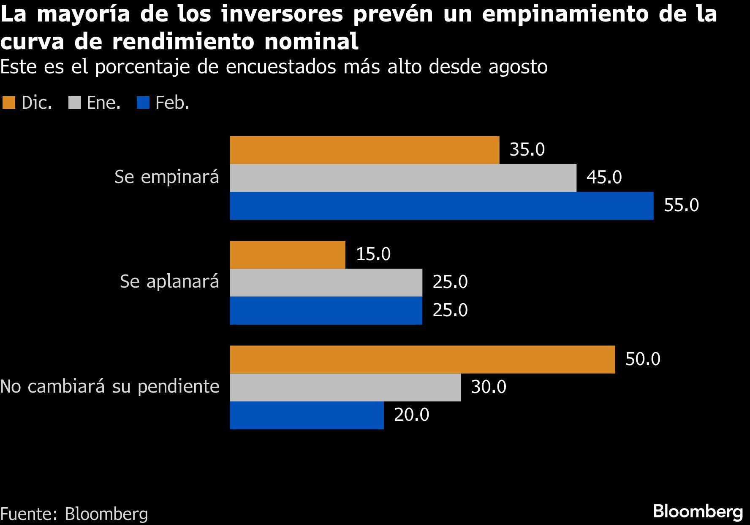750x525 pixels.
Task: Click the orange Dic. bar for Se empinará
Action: pyautogui.click(x=364, y=150)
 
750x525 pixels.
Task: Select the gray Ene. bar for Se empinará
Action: pyautogui.click(x=403, y=178)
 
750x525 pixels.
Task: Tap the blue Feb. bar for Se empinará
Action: pyautogui.click(x=441, y=206)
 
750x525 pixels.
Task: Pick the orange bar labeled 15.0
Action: pyautogui.click(x=287, y=255)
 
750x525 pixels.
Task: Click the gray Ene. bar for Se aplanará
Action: pyautogui.click(x=326, y=283)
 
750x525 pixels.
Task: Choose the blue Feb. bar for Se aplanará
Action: pyautogui.click(x=326, y=310)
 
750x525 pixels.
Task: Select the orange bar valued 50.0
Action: pyautogui.click(x=422, y=359)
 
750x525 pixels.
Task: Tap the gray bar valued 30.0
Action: pyautogui.click(x=345, y=387)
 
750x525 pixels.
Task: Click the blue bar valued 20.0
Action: pyautogui.click(x=307, y=415)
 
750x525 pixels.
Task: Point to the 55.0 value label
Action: pyautogui.click(x=681, y=205)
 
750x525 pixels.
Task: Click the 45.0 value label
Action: pyautogui.click(x=604, y=178)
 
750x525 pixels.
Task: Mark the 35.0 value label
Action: pyautogui.click(x=527, y=150)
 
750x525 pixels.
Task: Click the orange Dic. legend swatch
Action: pyautogui.click(x=8, y=103)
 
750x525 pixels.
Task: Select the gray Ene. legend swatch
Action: pyautogui.click(x=74, y=103)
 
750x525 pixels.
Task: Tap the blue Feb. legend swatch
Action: pyautogui.click(x=143, y=103)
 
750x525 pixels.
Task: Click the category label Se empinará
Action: pyautogui.click(x=167, y=177)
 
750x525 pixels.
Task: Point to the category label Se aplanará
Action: pyautogui.click(x=169, y=282)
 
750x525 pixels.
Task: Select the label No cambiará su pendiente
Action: pyautogui.click(x=110, y=387)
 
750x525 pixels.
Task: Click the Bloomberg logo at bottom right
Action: pyautogui.click(x=698, y=512)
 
